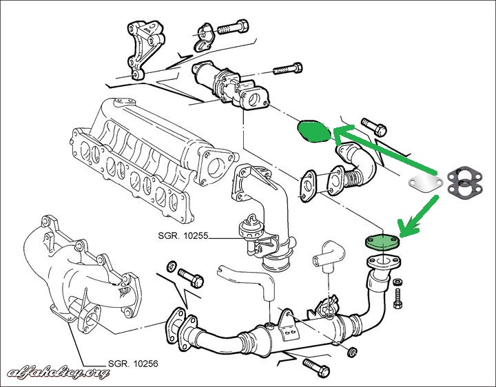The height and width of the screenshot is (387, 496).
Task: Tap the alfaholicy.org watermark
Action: coord(59,373)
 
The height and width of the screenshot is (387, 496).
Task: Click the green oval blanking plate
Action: coord(312,131)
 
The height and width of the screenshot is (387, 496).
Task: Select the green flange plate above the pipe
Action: coord(380,240)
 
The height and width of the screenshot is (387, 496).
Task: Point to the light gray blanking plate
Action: coord(422,182)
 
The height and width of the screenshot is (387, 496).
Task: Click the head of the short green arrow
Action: coord(406,228)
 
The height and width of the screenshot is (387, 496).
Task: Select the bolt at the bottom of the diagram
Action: coord(315,364)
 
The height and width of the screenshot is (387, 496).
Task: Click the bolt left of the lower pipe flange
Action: coord(189,276)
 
